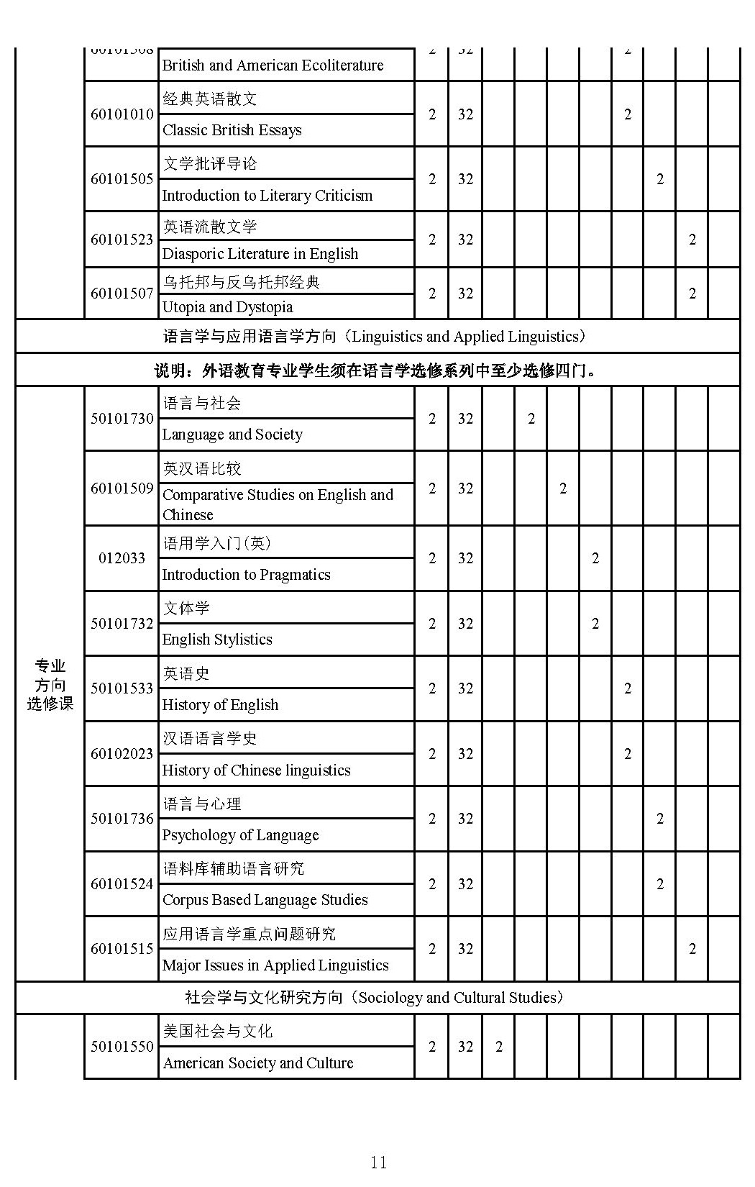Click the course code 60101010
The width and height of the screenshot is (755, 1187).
(122, 114)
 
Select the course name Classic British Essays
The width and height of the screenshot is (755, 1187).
(232, 130)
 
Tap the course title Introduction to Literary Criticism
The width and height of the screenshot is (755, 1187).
(267, 196)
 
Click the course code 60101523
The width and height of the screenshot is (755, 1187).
(122, 240)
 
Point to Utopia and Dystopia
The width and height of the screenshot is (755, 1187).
(227, 307)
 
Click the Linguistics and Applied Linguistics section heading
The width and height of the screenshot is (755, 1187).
(377, 337)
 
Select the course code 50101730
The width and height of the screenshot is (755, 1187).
(122, 419)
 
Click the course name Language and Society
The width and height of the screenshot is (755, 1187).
(232, 435)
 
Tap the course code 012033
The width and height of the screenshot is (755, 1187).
(122, 558)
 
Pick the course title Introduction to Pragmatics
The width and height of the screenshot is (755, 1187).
(246, 575)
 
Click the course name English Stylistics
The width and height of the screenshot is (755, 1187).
(217, 640)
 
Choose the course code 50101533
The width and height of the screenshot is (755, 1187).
(122, 688)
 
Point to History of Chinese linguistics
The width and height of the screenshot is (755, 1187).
(256, 770)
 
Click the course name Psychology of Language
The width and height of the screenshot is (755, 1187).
(240, 835)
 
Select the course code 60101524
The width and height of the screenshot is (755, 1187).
(122, 884)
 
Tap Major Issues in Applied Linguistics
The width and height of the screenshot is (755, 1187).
(275, 965)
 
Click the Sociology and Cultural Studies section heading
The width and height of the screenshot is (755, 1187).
(377, 998)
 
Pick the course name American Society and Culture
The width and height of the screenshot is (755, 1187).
(257, 1063)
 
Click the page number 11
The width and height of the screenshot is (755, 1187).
(378, 1163)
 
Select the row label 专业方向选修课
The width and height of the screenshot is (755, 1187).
(50, 685)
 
